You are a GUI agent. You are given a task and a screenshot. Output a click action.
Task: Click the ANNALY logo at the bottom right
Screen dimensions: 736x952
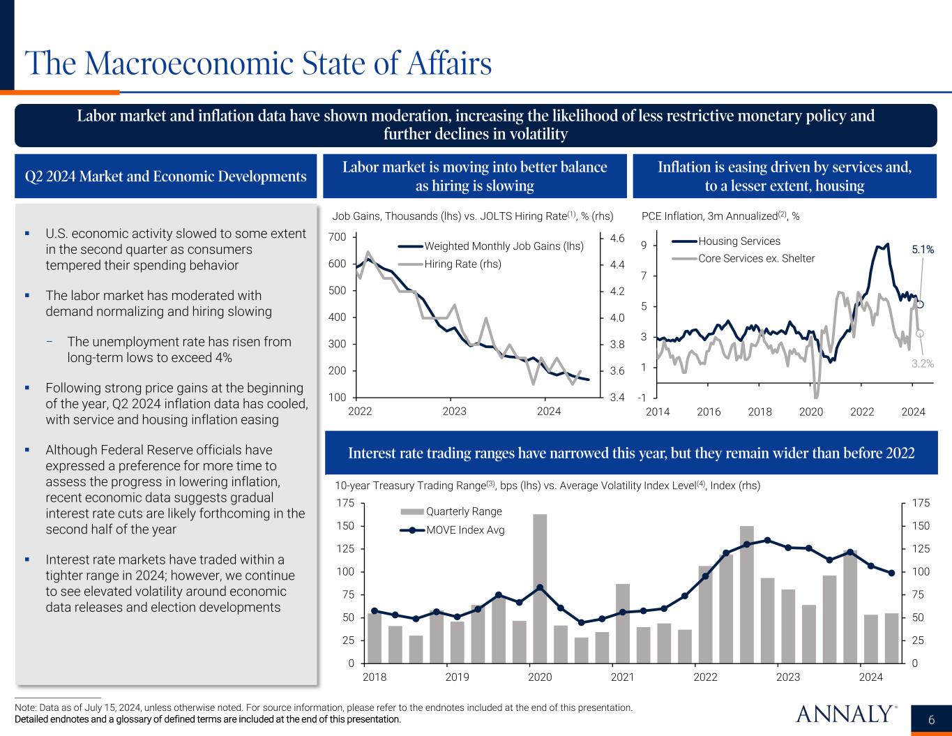[x=845, y=714]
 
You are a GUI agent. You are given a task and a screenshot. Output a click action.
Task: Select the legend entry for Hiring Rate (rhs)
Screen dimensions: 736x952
[x=462, y=264]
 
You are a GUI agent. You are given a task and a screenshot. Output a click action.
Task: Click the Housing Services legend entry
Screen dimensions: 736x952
[x=739, y=241]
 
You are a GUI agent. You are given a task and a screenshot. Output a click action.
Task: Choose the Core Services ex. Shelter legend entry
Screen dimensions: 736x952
[x=756, y=258]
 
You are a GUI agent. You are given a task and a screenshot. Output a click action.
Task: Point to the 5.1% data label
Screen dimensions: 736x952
[x=923, y=248]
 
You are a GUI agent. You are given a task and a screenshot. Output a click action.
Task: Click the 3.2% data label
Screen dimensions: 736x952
[x=923, y=363]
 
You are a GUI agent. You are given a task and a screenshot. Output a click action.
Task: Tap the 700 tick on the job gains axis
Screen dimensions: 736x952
[x=338, y=237]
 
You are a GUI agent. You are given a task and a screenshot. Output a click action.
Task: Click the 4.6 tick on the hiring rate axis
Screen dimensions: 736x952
[x=617, y=238]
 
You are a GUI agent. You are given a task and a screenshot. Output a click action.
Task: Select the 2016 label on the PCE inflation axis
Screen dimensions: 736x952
[x=709, y=412]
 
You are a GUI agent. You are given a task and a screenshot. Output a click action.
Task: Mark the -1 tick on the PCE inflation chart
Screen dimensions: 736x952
[x=642, y=398]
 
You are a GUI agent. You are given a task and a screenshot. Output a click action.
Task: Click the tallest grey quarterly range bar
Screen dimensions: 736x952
[x=540, y=588]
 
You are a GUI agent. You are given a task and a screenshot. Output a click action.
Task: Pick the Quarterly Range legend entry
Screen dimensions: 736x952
[x=464, y=511]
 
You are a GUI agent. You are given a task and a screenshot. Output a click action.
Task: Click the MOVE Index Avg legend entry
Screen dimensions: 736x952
[x=465, y=530]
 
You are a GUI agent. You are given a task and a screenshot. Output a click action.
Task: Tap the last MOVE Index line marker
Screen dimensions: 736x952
[x=891, y=573]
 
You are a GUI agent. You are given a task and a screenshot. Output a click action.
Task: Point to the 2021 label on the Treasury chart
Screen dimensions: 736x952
[x=622, y=677]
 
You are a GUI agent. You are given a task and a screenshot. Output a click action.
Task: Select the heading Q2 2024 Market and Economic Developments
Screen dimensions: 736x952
[x=166, y=177]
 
